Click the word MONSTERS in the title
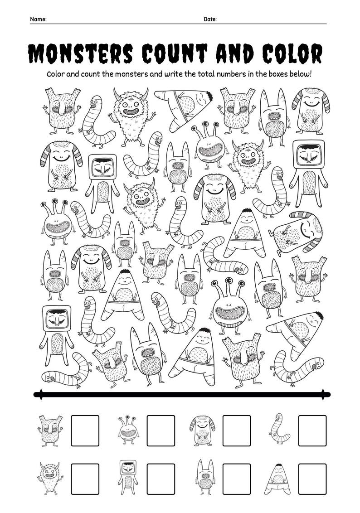(81, 54)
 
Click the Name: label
(38, 19)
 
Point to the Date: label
(210, 19)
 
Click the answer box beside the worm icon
(312, 431)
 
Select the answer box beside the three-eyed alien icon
(161, 431)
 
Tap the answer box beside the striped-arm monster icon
(236, 431)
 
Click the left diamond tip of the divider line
(41, 394)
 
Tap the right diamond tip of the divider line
(323, 394)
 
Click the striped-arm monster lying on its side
(297, 231)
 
